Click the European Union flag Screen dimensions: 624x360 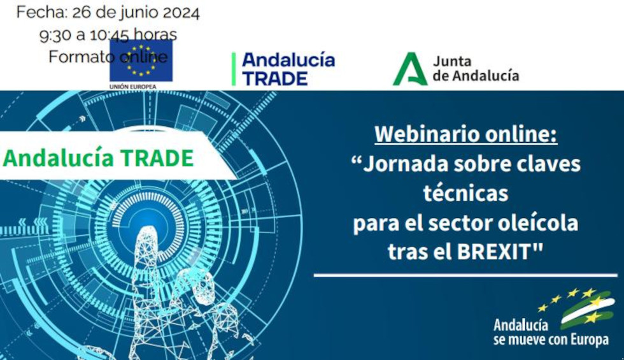point(141,61)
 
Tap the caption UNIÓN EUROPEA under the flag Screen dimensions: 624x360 point(133,87)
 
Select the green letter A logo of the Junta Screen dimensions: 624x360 point(409,69)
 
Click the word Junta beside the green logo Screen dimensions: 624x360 point(452,61)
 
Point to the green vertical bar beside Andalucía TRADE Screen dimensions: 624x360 point(234,69)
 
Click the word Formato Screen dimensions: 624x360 point(77,57)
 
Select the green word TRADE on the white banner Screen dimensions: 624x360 point(158,158)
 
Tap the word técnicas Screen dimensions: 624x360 point(465,192)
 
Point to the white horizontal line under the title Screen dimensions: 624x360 point(465,275)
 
